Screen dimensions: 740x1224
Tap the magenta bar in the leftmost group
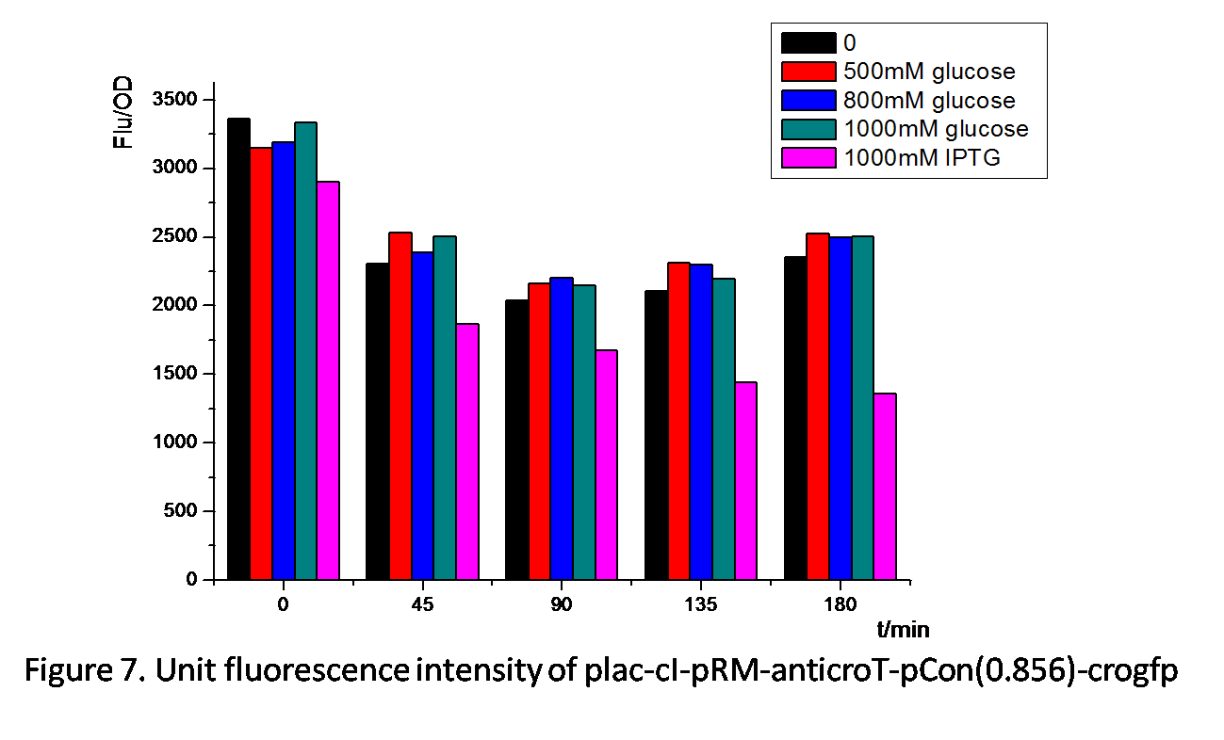[x=328, y=380]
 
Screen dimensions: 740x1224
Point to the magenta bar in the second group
[x=467, y=452]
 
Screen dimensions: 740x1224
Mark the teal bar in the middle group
[x=584, y=432]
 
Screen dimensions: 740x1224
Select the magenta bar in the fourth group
[x=745, y=481]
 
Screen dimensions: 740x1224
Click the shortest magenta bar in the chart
[x=885, y=487]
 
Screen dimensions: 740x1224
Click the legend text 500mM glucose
[x=929, y=72]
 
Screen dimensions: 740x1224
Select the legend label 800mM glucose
[x=929, y=101]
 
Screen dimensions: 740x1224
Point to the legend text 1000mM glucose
[x=936, y=129]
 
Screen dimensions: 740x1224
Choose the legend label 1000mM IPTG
[x=922, y=158]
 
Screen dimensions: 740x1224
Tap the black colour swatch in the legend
[x=808, y=43]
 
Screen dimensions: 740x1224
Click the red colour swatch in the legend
[x=808, y=72]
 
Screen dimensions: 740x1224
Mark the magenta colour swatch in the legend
[x=808, y=158]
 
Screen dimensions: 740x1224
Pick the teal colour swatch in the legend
[x=808, y=129]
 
